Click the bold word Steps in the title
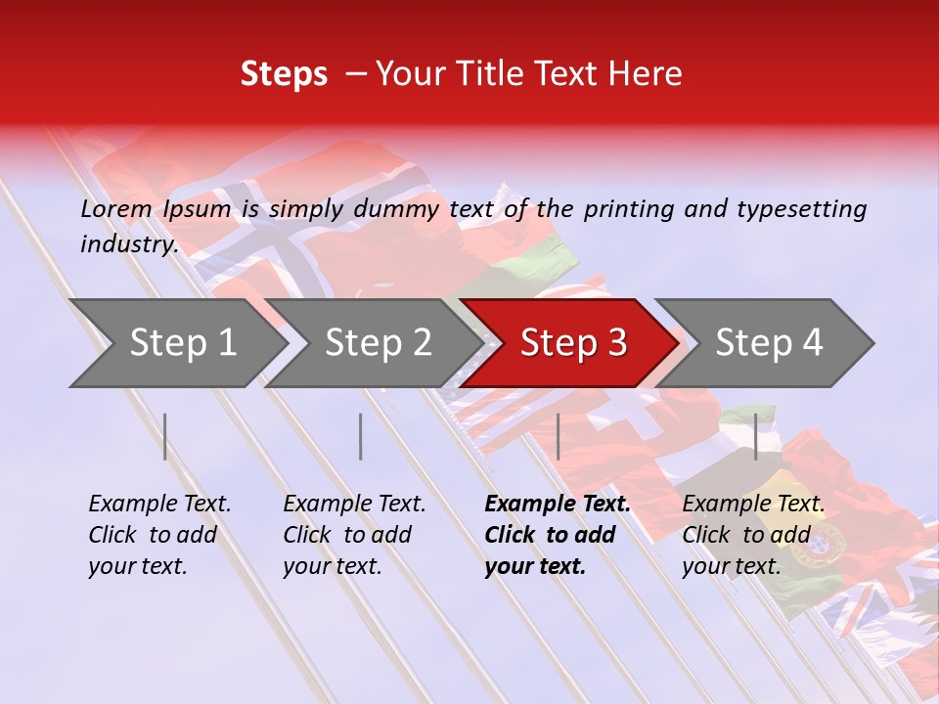[x=284, y=73]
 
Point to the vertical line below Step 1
[x=165, y=436]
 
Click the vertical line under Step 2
[x=361, y=436]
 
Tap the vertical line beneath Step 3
[x=558, y=436]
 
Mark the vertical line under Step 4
[x=755, y=436]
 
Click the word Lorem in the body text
[x=116, y=208]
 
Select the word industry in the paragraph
[x=128, y=243]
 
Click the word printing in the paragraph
[x=630, y=208]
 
